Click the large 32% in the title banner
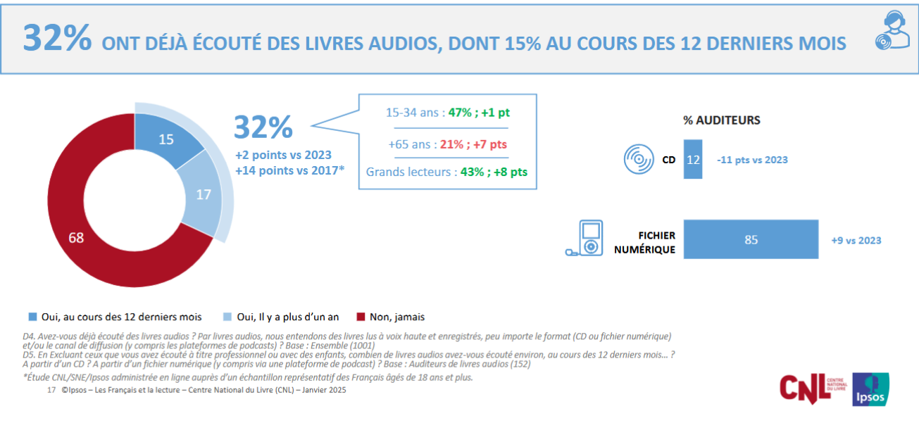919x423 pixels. [x=57, y=39]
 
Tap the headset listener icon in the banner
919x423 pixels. [x=889, y=33]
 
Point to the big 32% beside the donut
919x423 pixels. [x=263, y=128]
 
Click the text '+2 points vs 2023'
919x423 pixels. [x=283, y=155]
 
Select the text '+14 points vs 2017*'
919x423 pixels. [x=289, y=170]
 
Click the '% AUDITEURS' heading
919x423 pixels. [x=721, y=120]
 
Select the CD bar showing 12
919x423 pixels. [x=693, y=160]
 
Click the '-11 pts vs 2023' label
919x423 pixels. [x=752, y=160]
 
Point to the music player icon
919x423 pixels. [x=587, y=239]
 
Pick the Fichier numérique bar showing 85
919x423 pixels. [x=751, y=239]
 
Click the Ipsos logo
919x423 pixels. [x=870, y=389]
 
